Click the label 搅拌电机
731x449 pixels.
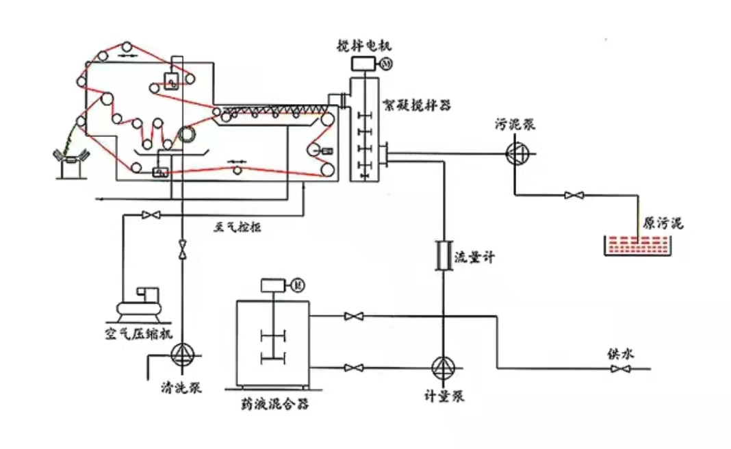363,46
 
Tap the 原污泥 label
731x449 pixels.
663,223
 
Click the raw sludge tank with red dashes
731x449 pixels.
636,245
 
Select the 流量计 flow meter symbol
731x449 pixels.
442,256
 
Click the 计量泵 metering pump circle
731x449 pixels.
442,368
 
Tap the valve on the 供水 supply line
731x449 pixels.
620,370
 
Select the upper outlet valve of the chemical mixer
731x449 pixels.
354,316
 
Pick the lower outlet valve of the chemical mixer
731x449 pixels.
354,368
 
